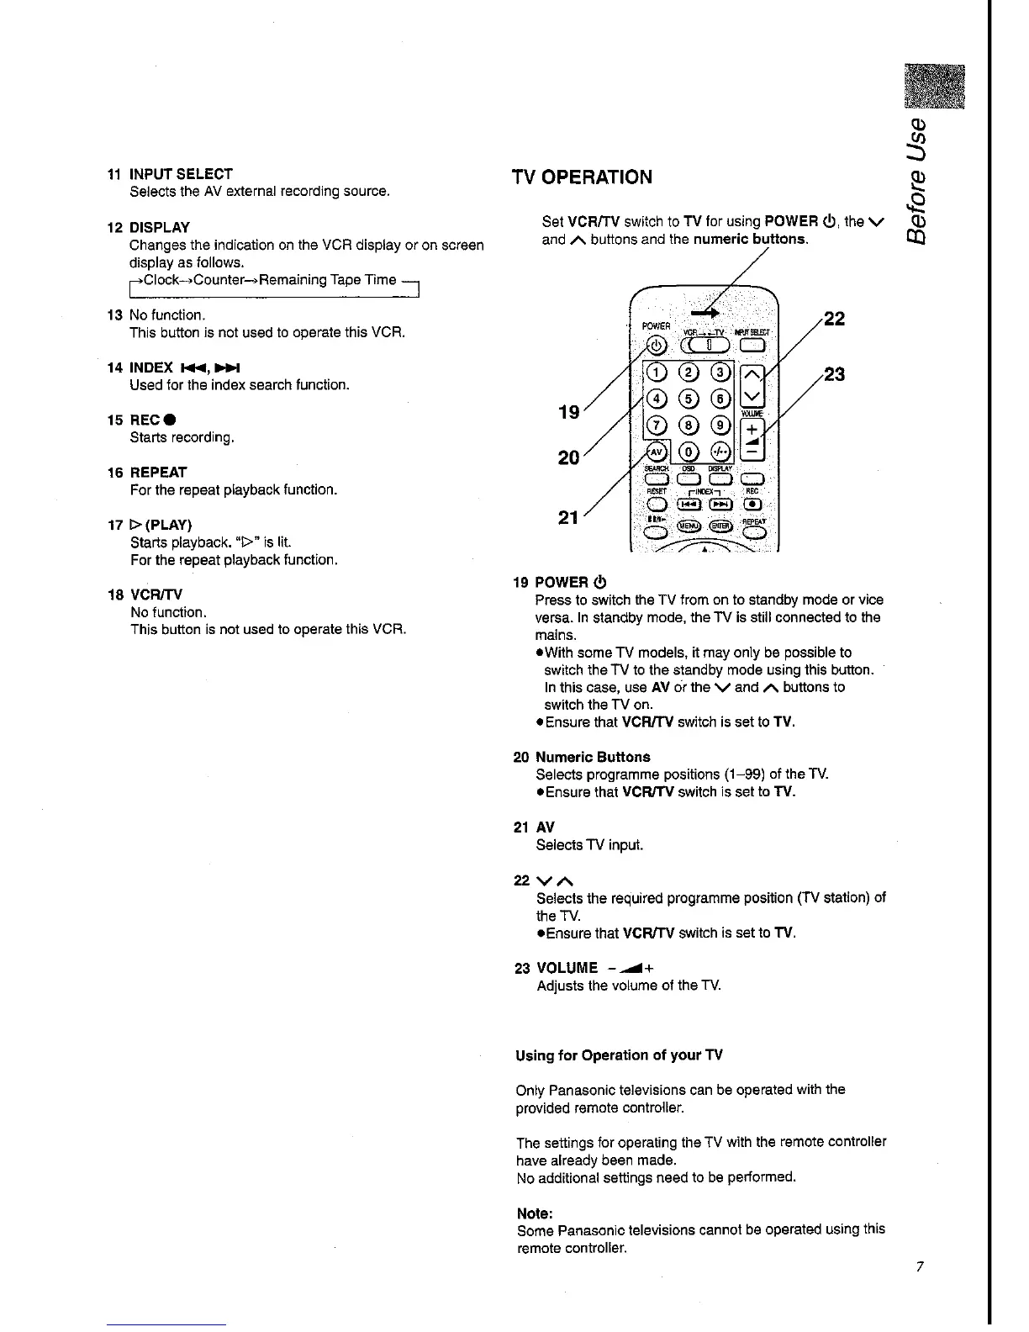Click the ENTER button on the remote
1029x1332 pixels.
pos(720,526)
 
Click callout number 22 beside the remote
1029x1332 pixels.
pos(834,319)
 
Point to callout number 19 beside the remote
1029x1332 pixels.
pos(569,412)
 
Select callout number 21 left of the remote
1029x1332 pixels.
pos(569,518)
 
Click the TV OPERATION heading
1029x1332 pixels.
pos(582,177)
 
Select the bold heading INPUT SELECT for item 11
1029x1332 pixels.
pos(181,174)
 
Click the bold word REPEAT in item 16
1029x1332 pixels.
pos(158,473)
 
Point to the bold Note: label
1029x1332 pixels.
pos(534,1213)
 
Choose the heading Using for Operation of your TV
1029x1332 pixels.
pos(619,1055)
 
